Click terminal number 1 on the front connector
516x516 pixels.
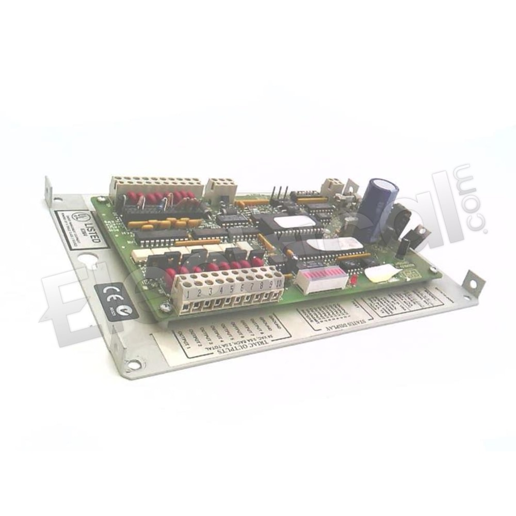pos(189,295)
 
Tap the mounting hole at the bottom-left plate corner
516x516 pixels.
pos(133,365)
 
